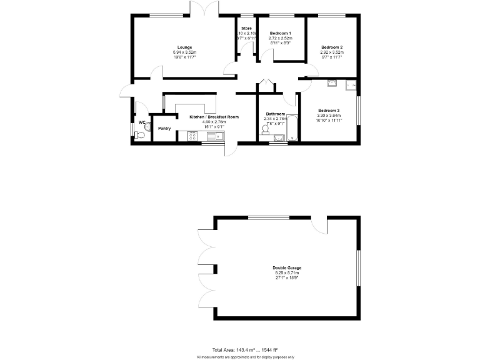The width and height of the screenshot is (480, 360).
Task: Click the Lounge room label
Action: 184,47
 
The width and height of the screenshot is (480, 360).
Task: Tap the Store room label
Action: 246,28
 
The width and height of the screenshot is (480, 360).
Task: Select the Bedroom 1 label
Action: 281,32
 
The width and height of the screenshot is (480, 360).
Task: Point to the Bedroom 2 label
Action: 332,47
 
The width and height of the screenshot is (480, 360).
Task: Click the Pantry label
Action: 164,129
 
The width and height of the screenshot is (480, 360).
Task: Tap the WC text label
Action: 142,122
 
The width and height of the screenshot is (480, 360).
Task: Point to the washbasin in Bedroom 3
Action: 331,82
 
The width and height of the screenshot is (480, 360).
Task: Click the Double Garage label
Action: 286,268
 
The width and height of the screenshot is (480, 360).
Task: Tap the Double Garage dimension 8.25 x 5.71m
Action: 286,273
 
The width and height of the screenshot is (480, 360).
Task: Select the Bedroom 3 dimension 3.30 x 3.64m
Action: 329,115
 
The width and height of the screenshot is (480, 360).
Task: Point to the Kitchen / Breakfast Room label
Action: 214,117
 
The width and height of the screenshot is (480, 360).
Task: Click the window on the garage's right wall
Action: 358,268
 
